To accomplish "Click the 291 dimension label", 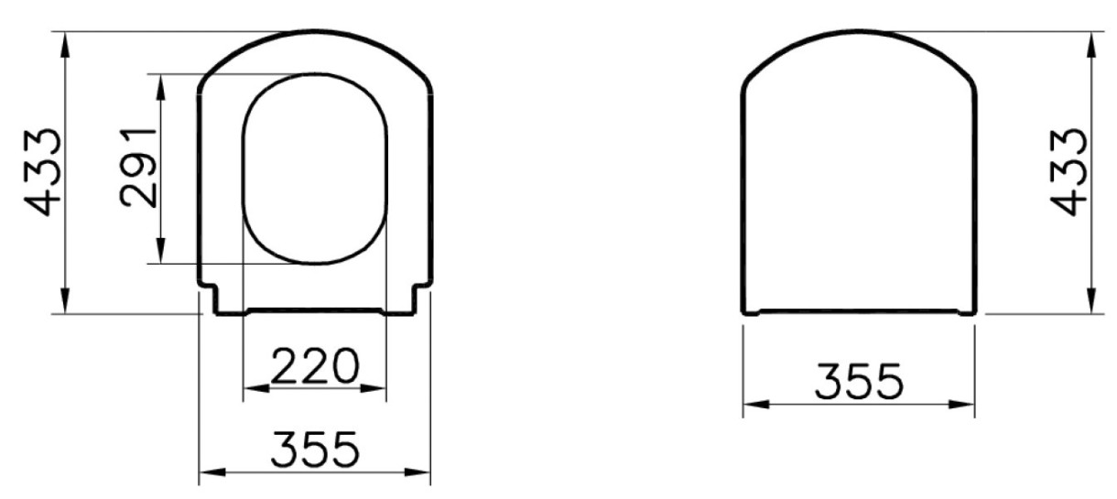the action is (138, 168).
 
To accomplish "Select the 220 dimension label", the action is (315, 366).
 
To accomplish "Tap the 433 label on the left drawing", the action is (43, 172).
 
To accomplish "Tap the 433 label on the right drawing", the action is (1068, 172).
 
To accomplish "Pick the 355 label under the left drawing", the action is (315, 450).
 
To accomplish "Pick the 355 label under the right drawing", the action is (859, 382).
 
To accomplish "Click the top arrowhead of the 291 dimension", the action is (160, 88).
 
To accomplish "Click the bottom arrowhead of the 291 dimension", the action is (160, 250).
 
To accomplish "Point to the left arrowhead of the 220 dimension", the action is (256, 388).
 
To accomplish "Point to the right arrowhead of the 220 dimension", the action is (373, 388).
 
